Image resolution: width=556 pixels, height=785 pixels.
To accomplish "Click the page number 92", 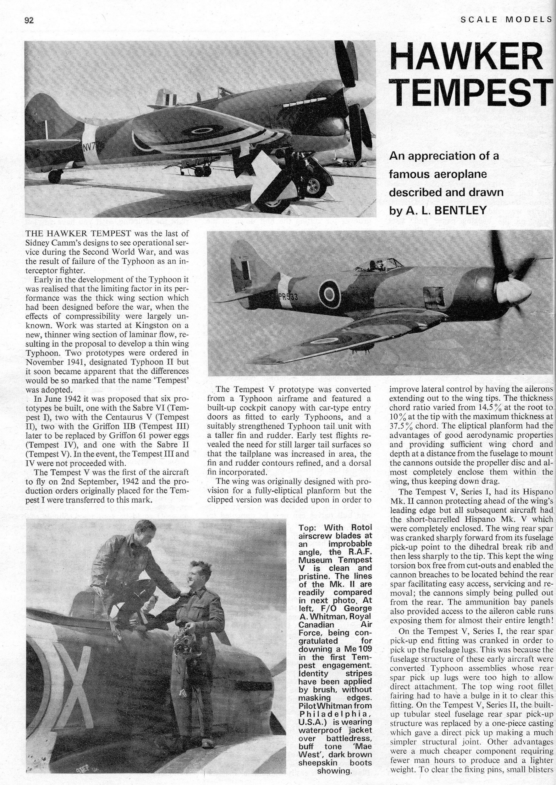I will click(x=29, y=20).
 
